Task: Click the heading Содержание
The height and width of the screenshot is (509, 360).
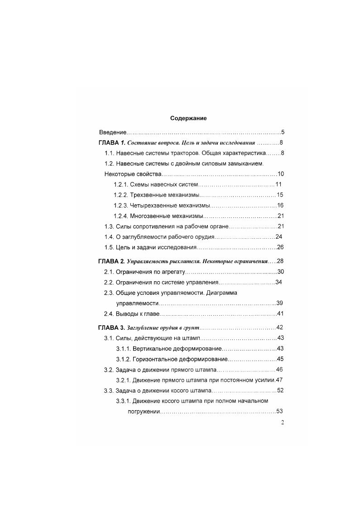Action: pyautogui.click(x=188, y=118)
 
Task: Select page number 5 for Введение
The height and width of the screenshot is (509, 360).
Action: pyautogui.click(x=282, y=133)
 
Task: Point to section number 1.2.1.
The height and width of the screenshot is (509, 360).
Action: pyautogui.click(x=120, y=185)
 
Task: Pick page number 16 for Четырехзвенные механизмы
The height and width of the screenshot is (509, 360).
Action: pyautogui.click(x=280, y=206)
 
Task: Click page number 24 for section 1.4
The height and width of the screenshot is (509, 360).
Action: pyautogui.click(x=279, y=237)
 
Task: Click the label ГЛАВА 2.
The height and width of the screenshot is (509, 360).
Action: pyautogui.click(x=111, y=261)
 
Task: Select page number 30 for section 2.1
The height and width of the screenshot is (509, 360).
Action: pyautogui.click(x=280, y=272)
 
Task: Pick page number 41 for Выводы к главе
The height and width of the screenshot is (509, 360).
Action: pyautogui.click(x=280, y=313)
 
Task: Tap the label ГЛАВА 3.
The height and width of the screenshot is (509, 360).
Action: pyautogui.click(x=111, y=327)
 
